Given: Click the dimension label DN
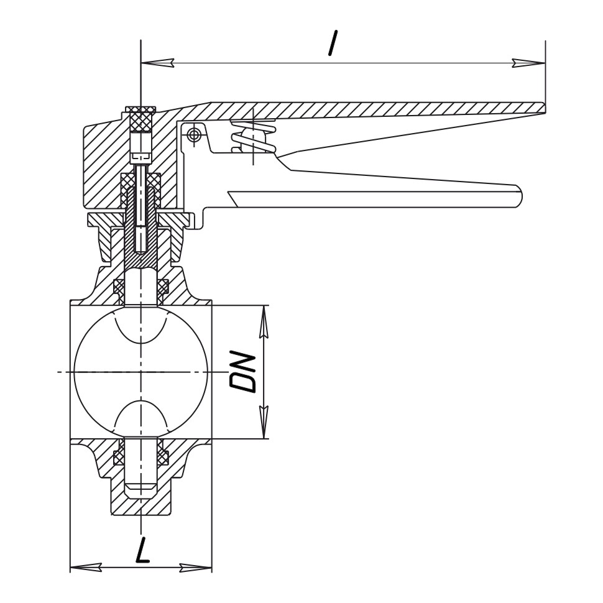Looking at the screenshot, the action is pos(242,372).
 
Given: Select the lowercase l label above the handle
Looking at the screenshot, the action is pos(333,43).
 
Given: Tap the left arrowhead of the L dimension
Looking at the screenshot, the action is pos(86,567).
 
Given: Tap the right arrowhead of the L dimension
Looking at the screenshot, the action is pos(196,567).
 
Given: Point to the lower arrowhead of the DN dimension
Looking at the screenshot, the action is pos(264,422).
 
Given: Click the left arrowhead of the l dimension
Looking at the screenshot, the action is pos(157,63).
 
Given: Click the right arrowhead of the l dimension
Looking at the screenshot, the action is pos(528,63).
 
